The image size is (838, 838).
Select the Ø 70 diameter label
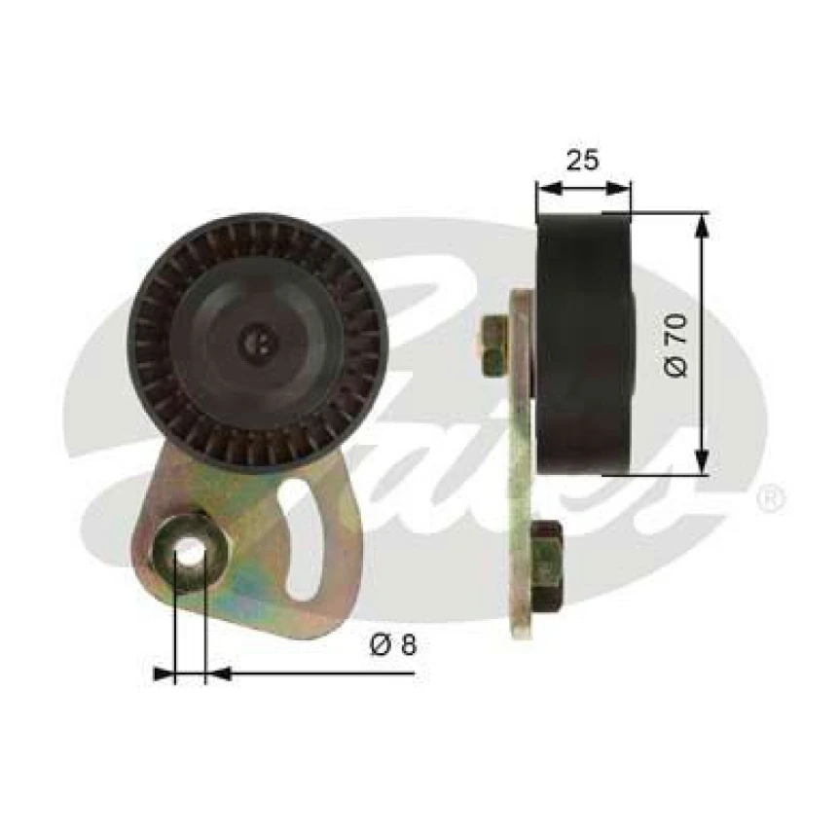click(678, 346)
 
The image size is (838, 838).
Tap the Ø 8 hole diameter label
click(393, 644)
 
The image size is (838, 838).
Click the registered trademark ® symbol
click(768, 500)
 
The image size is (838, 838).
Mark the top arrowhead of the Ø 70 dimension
click(703, 223)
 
